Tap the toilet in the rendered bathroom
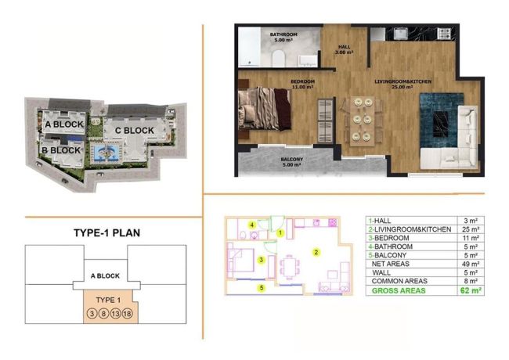pyautogui.click(x=278, y=59)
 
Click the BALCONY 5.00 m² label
pyautogui.click(x=274, y=163)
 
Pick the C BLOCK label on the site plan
pyautogui.click(x=134, y=131)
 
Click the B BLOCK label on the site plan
pyautogui.click(x=62, y=149)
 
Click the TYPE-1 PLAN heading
pyautogui.click(x=106, y=233)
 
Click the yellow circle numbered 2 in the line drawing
pyautogui.click(x=315, y=252)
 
